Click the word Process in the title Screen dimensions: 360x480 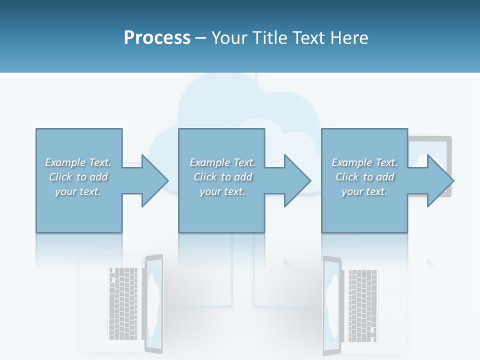[x=157, y=38]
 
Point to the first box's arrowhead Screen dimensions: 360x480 [x=155, y=180]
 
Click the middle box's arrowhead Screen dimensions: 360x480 [x=297, y=180]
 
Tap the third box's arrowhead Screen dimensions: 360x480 [x=440, y=180]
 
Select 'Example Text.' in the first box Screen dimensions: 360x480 [x=78, y=162]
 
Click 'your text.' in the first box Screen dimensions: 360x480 [x=78, y=191]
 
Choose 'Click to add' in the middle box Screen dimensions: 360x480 [x=222, y=177]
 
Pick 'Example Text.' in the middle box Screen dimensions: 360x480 [x=222, y=162]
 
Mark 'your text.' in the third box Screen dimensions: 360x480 [x=364, y=191]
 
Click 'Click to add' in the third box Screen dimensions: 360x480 [x=364, y=177]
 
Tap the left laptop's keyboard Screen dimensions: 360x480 [x=123, y=303]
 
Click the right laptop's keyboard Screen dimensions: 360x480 [x=363, y=305]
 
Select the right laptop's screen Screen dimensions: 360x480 [x=332, y=302]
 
